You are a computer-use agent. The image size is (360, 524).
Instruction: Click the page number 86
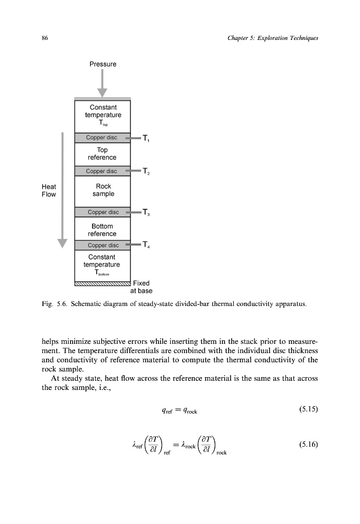[44, 39]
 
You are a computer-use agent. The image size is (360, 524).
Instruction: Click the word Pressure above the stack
[103, 64]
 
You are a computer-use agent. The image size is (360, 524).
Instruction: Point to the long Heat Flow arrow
[62, 189]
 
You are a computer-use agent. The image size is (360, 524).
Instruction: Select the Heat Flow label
[49, 190]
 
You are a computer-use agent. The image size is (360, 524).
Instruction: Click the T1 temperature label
[146, 138]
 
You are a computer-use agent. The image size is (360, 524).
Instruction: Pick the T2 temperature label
[146, 171]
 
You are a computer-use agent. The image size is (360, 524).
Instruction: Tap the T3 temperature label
[146, 212]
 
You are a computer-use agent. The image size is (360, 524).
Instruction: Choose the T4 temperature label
[146, 245]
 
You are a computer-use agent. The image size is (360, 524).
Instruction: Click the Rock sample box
[103, 190]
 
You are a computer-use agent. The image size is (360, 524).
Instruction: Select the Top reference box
[103, 154]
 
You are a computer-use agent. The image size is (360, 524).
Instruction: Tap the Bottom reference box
[103, 230]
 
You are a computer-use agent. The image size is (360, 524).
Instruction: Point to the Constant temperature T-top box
[103, 115]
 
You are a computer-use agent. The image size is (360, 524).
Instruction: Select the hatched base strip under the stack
[103, 283]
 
